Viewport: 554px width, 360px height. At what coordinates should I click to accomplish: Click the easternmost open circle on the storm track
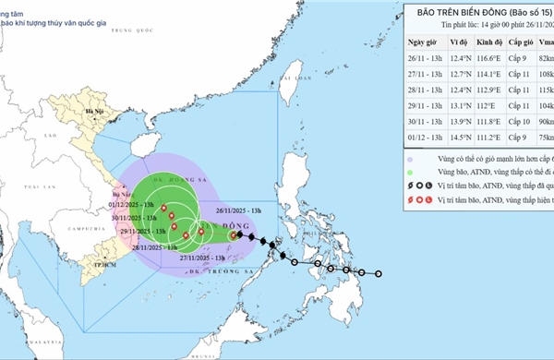[379, 273]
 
